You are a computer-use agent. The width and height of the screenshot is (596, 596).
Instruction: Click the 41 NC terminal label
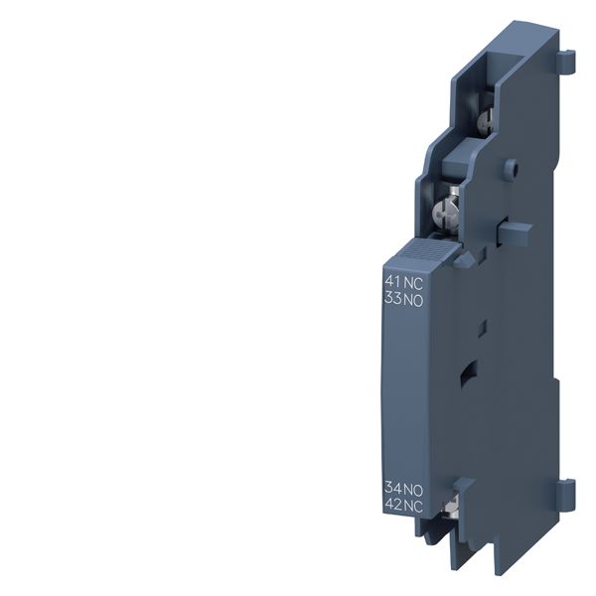[403, 281]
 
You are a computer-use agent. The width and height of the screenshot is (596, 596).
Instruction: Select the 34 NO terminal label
[403, 488]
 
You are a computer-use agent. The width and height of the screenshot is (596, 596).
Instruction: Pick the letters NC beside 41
[412, 281]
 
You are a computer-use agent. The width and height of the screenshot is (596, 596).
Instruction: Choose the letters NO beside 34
[413, 488]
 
